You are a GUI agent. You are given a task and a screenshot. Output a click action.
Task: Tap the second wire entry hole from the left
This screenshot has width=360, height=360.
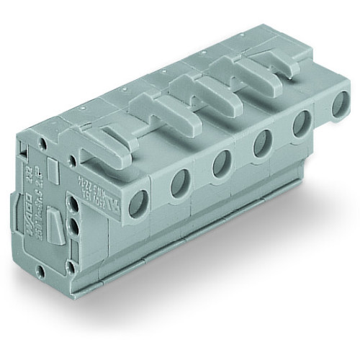point(177,186)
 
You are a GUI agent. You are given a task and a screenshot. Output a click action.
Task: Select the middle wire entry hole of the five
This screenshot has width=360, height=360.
point(218,164)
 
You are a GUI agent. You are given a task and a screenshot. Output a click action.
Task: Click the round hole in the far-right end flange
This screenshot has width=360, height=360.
point(336,108)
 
